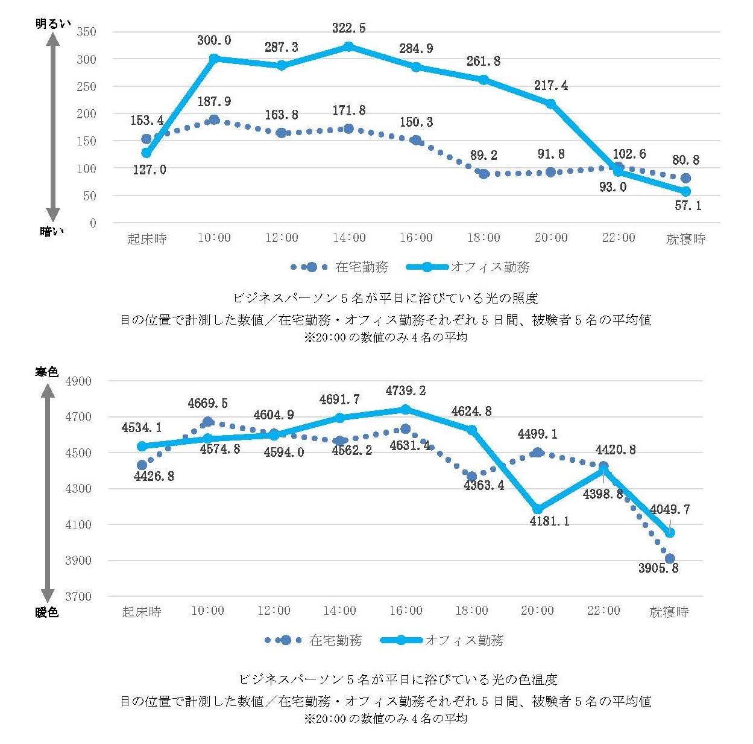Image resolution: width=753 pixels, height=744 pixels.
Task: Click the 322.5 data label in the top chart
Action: click(x=348, y=28)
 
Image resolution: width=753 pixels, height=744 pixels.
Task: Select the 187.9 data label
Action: click(x=214, y=102)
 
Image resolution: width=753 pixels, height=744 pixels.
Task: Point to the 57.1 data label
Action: click(x=688, y=206)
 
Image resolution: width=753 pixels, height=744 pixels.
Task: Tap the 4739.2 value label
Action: click(x=405, y=391)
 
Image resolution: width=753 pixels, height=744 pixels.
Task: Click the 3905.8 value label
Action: click(x=658, y=568)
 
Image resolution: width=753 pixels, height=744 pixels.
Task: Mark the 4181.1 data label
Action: click(x=549, y=521)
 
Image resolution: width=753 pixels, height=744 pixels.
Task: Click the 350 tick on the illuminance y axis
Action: click(x=86, y=32)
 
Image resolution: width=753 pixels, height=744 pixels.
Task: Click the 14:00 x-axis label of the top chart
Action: click(x=349, y=238)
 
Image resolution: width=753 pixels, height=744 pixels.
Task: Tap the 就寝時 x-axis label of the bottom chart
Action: click(x=669, y=612)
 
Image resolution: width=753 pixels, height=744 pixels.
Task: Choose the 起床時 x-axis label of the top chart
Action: click(x=147, y=239)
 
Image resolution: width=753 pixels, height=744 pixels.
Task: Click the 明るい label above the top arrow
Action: click(x=53, y=24)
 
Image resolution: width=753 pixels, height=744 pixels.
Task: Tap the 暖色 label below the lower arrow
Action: click(x=47, y=612)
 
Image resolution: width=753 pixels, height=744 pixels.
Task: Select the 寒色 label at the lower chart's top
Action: click(x=47, y=372)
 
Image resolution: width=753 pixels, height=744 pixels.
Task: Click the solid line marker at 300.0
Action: click(x=214, y=59)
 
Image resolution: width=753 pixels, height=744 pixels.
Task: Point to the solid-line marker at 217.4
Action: click(x=550, y=104)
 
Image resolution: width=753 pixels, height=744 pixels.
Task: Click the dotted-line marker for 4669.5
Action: click(x=208, y=422)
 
